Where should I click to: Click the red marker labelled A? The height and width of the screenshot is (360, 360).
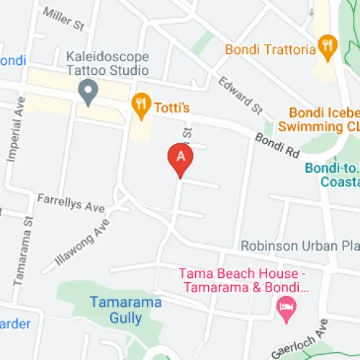(x=180, y=158)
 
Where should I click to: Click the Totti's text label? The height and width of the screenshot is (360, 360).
(x=171, y=108)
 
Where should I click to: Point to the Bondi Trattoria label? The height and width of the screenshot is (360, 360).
(x=271, y=50)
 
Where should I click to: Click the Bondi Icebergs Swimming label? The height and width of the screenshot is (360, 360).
(x=324, y=120)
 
